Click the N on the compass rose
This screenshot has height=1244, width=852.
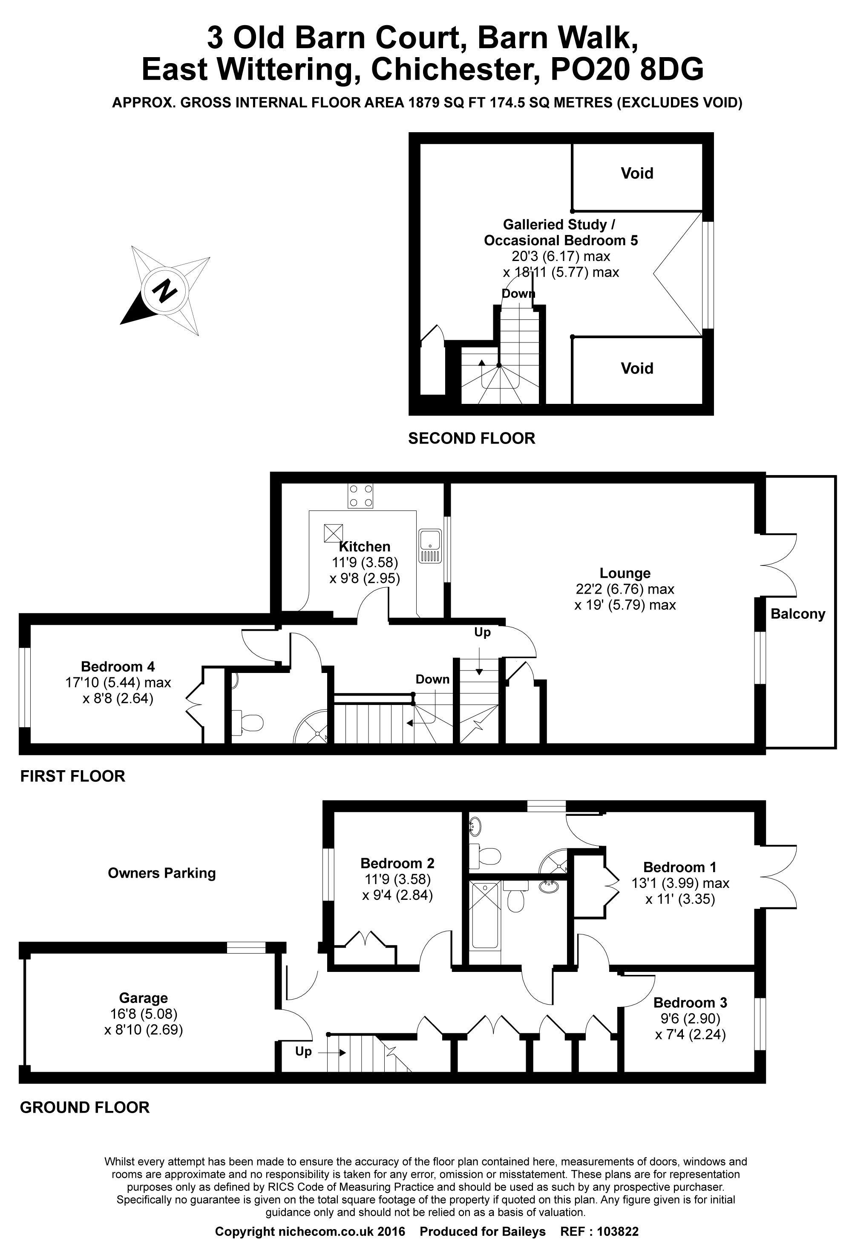(165, 292)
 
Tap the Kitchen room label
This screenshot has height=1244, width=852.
(365, 547)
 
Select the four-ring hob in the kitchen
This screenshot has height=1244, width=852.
(360, 496)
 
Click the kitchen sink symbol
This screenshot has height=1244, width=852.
(430, 546)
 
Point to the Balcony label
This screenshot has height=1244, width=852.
(797, 614)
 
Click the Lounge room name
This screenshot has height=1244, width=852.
(625, 573)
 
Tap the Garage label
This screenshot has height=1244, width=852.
(143, 998)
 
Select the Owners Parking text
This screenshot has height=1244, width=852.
(161, 873)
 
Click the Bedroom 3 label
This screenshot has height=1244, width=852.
(690, 1003)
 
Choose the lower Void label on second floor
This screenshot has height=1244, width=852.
(637, 368)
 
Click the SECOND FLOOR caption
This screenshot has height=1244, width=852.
(472, 438)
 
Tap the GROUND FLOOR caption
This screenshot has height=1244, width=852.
(84, 1108)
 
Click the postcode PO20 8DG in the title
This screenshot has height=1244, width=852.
(627, 70)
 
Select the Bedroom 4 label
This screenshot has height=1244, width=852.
(118, 667)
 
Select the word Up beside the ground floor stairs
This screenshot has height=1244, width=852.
(303, 1052)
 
